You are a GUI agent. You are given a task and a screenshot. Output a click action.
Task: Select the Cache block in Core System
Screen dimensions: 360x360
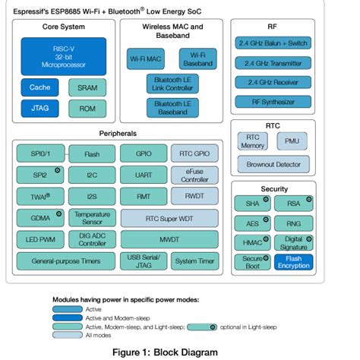pyautogui.click(x=39, y=87)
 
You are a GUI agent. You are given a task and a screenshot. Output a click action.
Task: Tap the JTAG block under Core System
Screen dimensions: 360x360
pyautogui.click(x=39, y=109)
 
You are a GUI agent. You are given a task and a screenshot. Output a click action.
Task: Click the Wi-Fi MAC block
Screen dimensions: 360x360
pyautogui.click(x=146, y=58)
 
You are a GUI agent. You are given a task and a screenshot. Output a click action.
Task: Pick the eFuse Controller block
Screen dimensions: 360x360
pyautogui.click(x=194, y=175)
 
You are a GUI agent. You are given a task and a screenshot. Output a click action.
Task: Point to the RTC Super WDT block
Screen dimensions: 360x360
pyautogui.click(x=169, y=219)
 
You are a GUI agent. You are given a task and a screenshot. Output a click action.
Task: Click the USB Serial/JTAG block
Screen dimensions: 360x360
pyautogui.click(x=143, y=261)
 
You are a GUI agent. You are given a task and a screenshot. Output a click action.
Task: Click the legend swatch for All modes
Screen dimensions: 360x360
pyautogui.click(x=69, y=335)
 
